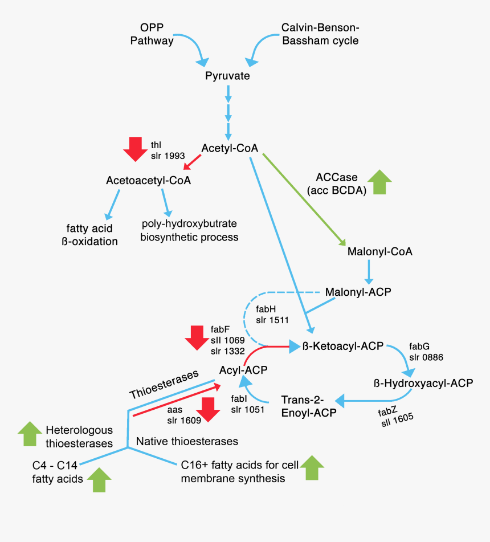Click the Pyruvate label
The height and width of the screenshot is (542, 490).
point(227,76)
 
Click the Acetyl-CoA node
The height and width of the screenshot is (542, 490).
point(230,149)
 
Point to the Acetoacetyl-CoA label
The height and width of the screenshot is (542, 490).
point(148,181)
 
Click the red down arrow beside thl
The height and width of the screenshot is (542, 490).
point(135,149)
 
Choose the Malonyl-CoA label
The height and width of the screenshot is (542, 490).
point(379,251)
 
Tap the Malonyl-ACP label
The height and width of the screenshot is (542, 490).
point(358,292)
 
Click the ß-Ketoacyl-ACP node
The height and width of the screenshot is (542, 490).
point(342,346)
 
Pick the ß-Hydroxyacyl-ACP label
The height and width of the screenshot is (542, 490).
point(423,382)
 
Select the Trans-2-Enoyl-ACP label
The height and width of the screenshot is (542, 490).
point(308,406)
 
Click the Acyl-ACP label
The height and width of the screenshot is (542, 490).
point(243,370)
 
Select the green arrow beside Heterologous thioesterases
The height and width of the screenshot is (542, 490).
point(30,435)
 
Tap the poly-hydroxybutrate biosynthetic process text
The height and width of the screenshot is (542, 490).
point(189,230)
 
